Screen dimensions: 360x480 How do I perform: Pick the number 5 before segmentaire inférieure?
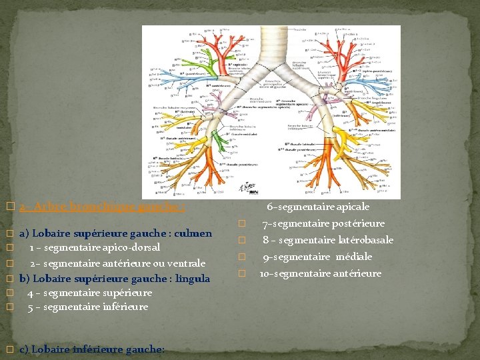(x=31, y=307)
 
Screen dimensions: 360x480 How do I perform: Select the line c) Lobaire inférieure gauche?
(x=91, y=349)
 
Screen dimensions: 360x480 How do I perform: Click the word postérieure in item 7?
(x=360, y=223)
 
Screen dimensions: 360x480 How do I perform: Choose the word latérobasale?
(x=365, y=240)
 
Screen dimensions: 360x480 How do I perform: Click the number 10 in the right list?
(x=264, y=273)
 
